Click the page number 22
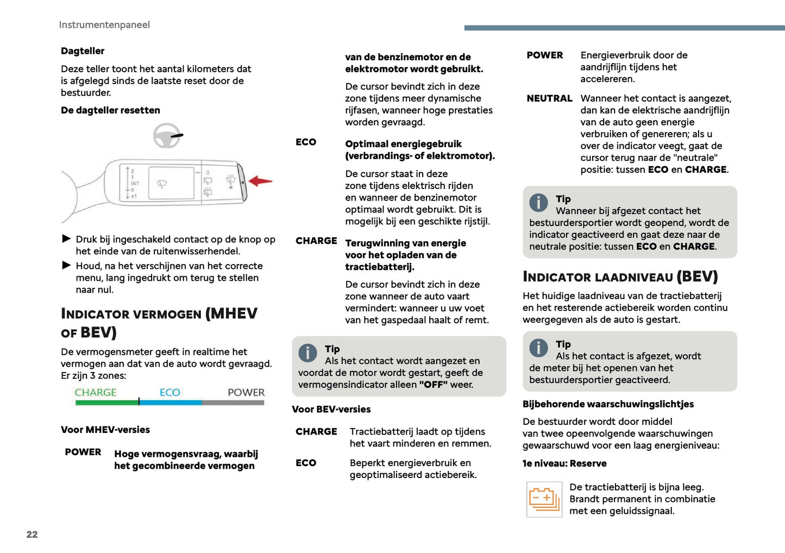[x=32, y=534]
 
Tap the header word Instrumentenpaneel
[x=104, y=24]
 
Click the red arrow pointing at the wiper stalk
[x=260, y=181]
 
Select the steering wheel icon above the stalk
[x=167, y=136]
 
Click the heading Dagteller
[x=83, y=51]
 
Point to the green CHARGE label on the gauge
[x=96, y=392]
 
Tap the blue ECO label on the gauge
[x=169, y=392]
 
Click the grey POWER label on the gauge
[x=246, y=392]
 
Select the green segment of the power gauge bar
[x=106, y=403]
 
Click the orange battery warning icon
[x=544, y=499]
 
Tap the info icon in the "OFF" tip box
[x=307, y=353]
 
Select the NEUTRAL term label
[x=549, y=98]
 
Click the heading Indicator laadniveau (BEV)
[x=620, y=277]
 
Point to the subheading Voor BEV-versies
[x=331, y=409]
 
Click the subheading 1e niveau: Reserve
[x=564, y=463]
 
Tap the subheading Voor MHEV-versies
[x=105, y=430]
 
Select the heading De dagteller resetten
[x=110, y=110]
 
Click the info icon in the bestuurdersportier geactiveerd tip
[x=538, y=348]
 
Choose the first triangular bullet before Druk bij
[x=67, y=238]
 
